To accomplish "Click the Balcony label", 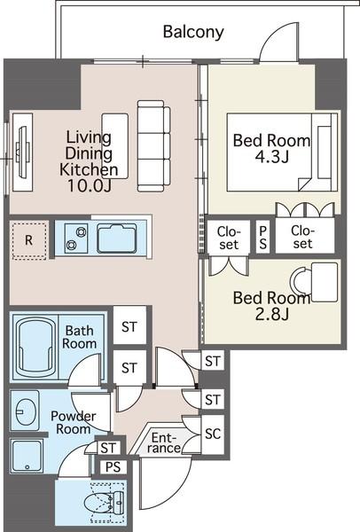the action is point(193,32).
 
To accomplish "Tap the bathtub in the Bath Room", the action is point(35,347).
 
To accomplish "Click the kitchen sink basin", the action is point(117,238).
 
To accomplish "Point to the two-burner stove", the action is point(76,238).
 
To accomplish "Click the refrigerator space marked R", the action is point(29,240).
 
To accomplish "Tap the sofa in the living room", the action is point(153,146).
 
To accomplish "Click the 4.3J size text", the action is point(272,157).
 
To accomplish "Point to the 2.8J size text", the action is point(272,315).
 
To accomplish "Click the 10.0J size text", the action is point(89,185).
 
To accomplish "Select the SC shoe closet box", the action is point(213,434).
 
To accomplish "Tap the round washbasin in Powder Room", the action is point(24,411).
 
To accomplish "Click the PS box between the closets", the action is point(263,237).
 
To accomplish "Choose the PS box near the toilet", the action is point(113,467).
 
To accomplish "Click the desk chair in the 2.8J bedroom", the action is point(301,282).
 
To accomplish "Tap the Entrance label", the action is point(163,442).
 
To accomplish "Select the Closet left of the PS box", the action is point(229,237).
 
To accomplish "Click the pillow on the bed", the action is point(325,152).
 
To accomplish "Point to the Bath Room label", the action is point(79,337).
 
